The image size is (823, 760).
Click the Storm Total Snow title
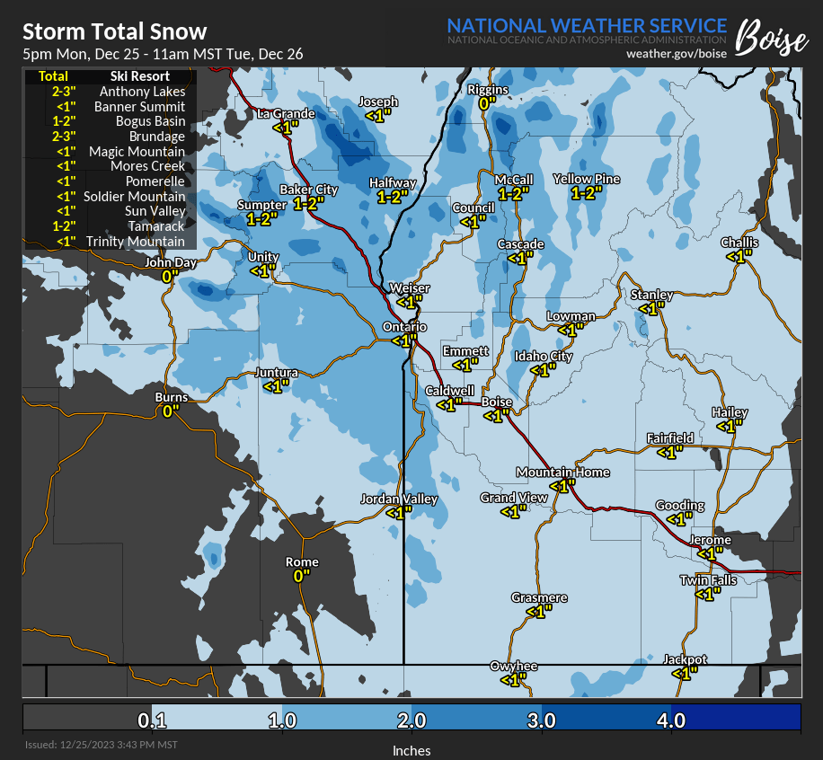click(x=114, y=32)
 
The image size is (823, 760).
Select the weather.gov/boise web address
click(x=676, y=54)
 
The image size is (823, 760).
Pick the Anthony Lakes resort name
click(x=142, y=91)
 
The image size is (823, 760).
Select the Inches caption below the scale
click(x=411, y=750)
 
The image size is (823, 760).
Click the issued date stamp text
click(x=101, y=745)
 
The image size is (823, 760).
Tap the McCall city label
click(x=514, y=180)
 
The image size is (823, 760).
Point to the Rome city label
click(x=302, y=561)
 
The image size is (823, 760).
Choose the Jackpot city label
click(x=686, y=659)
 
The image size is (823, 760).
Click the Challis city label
click(x=739, y=243)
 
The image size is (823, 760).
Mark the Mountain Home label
click(x=562, y=473)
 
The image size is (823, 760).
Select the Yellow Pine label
click(x=586, y=179)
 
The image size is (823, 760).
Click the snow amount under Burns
click(x=171, y=411)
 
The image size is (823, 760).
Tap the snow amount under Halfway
click(x=393, y=197)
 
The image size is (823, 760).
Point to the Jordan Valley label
click(x=399, y=499)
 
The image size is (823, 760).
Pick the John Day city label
click(x=171, y=262)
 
